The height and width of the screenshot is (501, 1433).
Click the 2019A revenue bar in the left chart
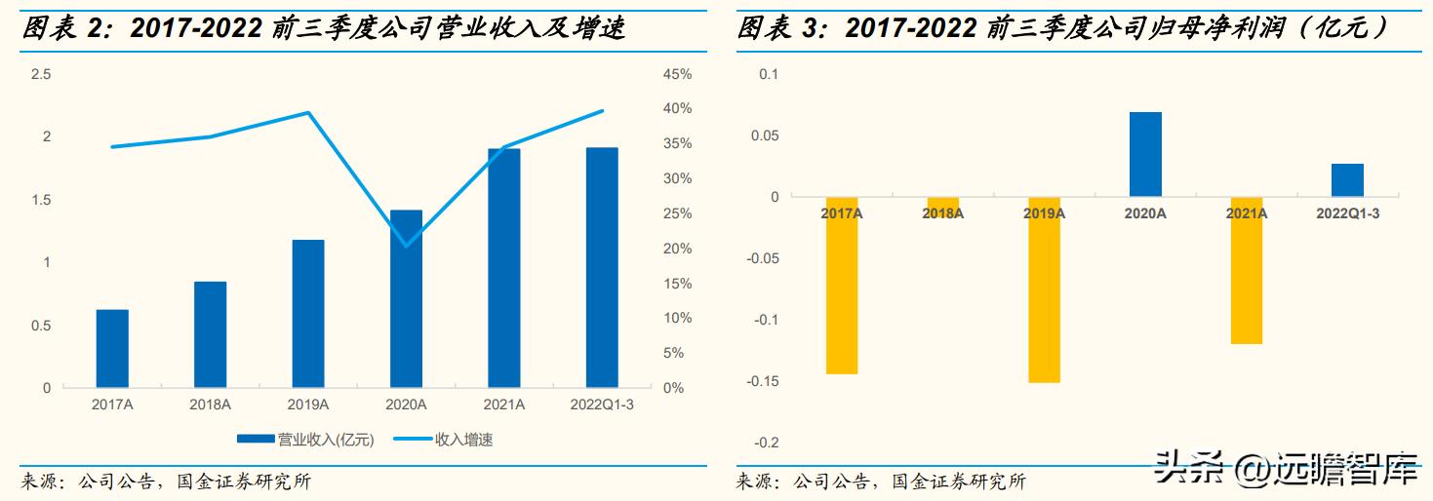click(x=308, y=313)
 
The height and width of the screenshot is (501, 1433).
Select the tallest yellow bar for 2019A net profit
click(x=1044, y=289)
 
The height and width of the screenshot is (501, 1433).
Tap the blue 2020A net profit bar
click(x=1145, y=154)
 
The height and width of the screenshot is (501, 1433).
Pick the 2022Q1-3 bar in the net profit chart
click(x=1347, y=180)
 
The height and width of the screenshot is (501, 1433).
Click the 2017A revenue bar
click(x=112, y=348)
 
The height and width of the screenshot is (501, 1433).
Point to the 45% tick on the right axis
click(x=677, y=74)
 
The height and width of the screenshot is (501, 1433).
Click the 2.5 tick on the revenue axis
click(x=40, y=74)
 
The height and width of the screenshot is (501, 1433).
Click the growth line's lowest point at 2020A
click(x=406, y=245)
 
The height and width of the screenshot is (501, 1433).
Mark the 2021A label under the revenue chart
click(x=504, y=405)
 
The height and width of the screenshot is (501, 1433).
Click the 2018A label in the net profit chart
click(x=942, y=212)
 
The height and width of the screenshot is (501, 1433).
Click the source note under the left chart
click(x=166, y=482)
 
